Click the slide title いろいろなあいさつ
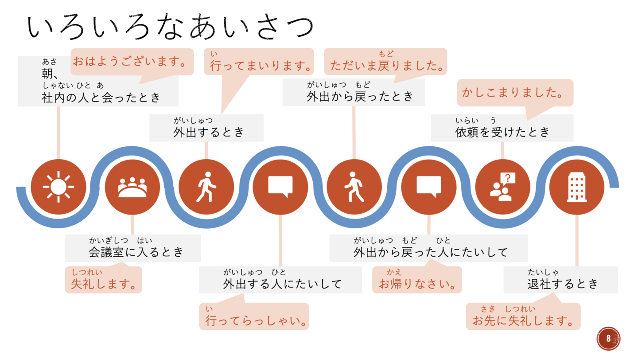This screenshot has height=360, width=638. [x=170, y=27]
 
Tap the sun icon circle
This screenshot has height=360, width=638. [x=58, y=187]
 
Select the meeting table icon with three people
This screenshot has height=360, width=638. [x=132, y=187]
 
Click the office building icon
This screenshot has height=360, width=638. [x=577, y=187]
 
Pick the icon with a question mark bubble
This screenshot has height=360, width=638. [x=503, y=187]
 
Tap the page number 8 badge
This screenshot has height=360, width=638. [x=608, y=338]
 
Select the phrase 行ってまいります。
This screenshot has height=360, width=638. [x=261, y=66]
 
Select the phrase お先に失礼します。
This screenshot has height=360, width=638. [x=523, y=321]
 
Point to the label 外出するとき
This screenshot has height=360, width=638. [x=209, y=132]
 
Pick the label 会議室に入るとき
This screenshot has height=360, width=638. [x=136, y=252]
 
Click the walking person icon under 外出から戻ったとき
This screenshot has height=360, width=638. [x=354, y=187]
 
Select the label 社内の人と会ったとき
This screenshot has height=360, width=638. [x=101, y=98]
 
